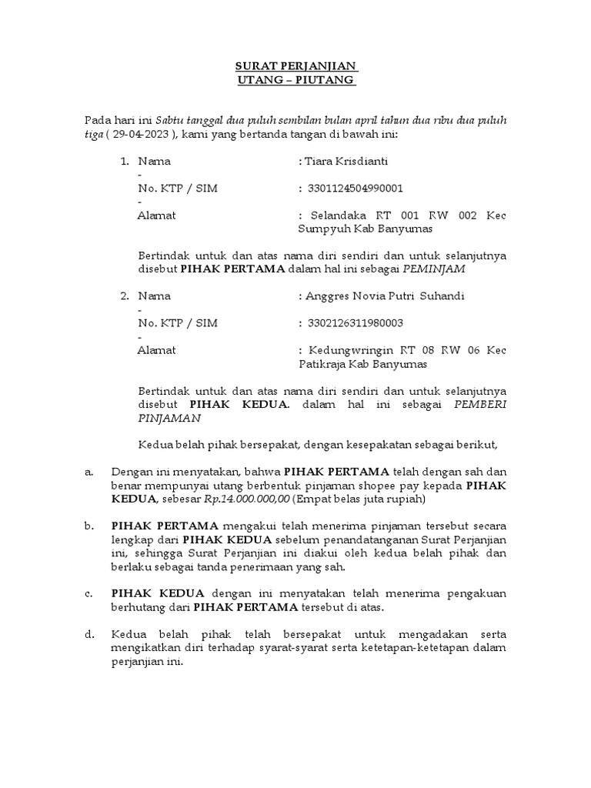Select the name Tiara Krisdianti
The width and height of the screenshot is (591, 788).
pyautogui.click(x=346, y=162)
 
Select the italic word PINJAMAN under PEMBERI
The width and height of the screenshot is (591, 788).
pyautogui.click(x=169, y=418)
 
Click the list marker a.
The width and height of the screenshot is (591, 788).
pyautogui.click(x=88, y=472)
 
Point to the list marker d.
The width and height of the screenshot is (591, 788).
pyautogui.click(x=88, y=634)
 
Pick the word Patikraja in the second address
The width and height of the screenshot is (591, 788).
pyautogui.click(x=322, y=363)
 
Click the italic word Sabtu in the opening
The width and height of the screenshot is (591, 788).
pyautogui.click(x=171, y=121)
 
